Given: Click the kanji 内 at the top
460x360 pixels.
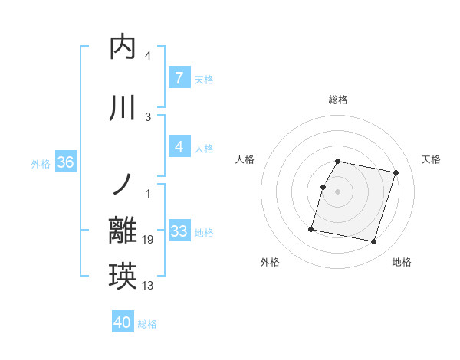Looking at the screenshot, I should pyautogui.click(x=123, y=47).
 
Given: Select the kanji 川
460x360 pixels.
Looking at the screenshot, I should pyautogui.click(x=123, y=108).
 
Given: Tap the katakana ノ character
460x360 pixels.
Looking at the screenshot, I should pyautogui.click(x=123, y=185).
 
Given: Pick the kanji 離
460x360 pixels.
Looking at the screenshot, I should pyautogui.click(x=123, y=231).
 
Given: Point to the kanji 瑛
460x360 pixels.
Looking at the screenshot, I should pyautogui.click(x=123, y=277).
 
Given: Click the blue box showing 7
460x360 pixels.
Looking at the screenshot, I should pyautogui.click(x=179, y=78).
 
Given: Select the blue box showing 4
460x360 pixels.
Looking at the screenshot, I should pyautogui.click(x=179, y=147).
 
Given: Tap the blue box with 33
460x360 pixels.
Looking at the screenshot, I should pyautogui.click(x=179, y=231).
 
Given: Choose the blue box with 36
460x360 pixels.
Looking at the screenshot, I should pyautogui.click(x=65, y=162).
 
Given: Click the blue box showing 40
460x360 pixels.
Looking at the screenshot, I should pyautogui.click(x=123, y=322).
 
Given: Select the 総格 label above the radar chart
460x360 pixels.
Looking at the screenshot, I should pyautogui.click(x=338, y=100).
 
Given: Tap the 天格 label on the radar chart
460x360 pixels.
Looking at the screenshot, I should pyautogui.click(x=432, y=159).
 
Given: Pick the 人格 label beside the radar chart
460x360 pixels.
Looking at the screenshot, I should pyautogui.click(x=245, y=159).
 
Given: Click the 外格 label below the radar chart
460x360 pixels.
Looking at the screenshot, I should pyautogui.click(x=270, y=262).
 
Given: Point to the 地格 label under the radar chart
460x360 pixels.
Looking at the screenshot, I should pyautogui.click(x=402, y=262).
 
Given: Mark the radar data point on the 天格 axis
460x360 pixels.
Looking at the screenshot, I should pyautogui.click(x=396, y=173).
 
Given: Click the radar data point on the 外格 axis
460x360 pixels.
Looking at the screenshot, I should pyautogui.click(x=311, y=229).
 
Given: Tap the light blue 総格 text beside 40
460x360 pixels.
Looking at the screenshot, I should pyautogui.click(x=147, y=324).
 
